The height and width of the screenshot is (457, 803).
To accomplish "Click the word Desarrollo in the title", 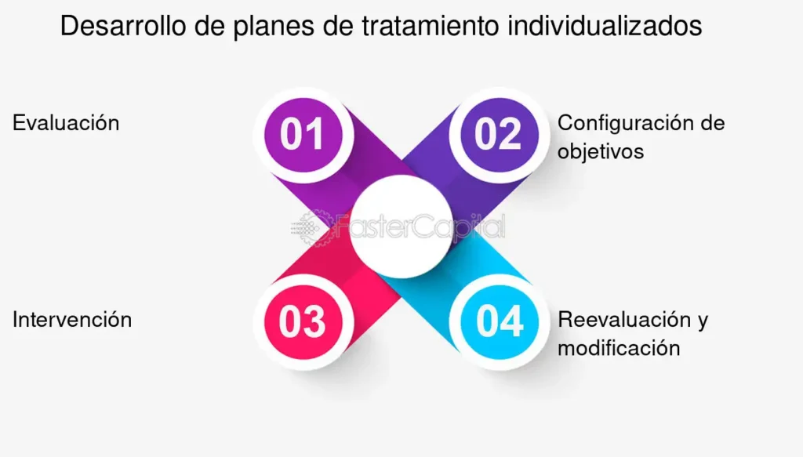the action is coord(123,26).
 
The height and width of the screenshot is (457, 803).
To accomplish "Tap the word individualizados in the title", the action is coord(605,26).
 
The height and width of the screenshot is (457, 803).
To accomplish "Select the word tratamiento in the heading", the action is coord(431,26).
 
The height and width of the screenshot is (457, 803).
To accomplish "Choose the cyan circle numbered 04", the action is coord(500,322).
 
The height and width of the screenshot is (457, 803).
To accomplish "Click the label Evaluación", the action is coord(66,123).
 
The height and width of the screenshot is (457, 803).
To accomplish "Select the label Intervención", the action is coord(72,320).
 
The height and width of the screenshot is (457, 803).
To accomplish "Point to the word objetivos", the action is coord(601,152).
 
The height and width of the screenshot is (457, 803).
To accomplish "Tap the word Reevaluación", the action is coord(624,320).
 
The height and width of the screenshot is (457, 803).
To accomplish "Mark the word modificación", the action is coord(620,349).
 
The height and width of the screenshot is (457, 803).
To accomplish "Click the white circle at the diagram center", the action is coord(401,227).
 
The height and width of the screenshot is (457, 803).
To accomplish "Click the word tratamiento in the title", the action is coord(431,26).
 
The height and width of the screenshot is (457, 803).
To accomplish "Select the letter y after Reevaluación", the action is coord(703,322).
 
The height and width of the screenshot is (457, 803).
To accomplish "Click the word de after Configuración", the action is coord(712,123).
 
